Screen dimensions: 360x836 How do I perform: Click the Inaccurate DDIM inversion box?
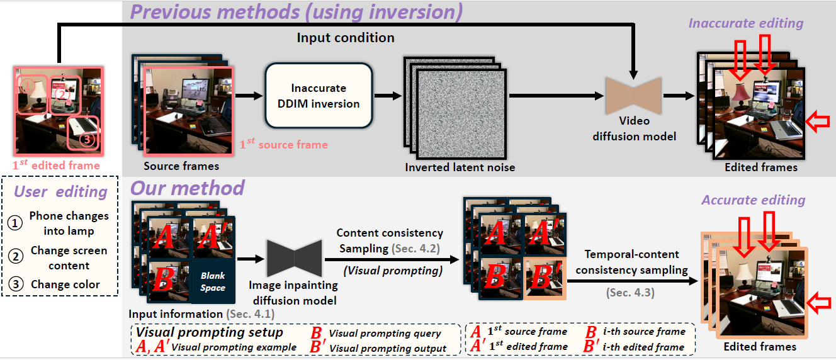(319, 96)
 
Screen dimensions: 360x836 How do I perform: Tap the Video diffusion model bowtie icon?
(633, 96)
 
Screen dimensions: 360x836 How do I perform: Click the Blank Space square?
(213, 281)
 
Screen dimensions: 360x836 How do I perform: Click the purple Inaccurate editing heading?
(746, 24)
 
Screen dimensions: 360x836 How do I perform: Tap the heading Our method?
(187, 188)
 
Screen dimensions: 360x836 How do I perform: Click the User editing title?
(60, 191)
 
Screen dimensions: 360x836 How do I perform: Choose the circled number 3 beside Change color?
(14, 284)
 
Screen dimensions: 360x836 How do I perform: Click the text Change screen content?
(69, 257)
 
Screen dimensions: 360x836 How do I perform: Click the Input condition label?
(345, 38)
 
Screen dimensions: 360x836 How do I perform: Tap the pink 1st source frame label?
(283, 144)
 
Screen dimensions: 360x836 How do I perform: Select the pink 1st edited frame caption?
(57, 166)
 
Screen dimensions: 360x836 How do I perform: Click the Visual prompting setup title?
(210, 332)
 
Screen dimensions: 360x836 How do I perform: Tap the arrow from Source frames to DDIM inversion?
(249, 96)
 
